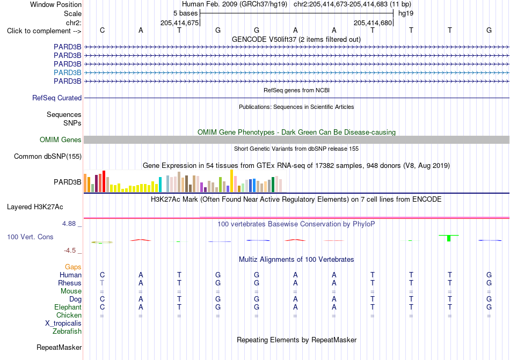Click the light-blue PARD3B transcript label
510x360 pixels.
pos(67,72)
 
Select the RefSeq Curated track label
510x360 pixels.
pos(57,98)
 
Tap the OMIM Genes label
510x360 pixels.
pos(61,139)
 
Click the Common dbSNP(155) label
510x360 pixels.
pos(48,156)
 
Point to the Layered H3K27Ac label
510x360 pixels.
pos(35,207)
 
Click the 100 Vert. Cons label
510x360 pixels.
pos(30,237)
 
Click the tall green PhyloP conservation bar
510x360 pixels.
pos(449,238)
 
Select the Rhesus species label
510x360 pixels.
pos(70,283)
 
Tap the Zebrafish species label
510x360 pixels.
pos(67,332)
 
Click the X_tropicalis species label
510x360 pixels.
pos(63,324)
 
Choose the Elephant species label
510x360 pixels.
pos(68,307)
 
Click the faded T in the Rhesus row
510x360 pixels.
pos(102,283)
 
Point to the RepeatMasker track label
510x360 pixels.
pos(59,347)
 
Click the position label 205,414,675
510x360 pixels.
pos(179,23)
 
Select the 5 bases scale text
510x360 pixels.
pos(185,13)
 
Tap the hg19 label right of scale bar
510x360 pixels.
pos(406,13)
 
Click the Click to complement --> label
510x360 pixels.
pos(44,31)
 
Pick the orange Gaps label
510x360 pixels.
pos(73,267)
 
